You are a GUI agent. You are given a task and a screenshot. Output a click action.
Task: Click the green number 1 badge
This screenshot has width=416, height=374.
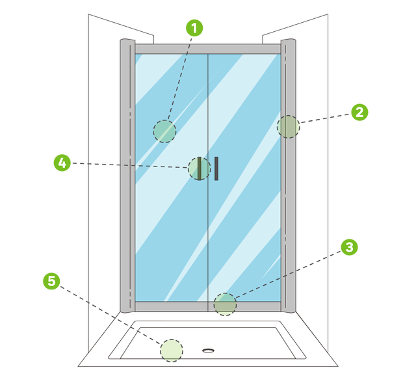click(x=194, y=28)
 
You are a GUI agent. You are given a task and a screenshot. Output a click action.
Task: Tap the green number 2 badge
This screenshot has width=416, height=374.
click(x=359, y=113)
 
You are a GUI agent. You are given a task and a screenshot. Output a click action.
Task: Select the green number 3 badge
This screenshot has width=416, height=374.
click(x=350, y=247)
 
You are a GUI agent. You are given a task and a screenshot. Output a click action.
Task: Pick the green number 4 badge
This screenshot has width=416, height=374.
click(x=62, y=163)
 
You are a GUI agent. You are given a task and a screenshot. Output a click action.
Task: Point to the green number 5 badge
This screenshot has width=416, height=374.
click(x=51, y=281)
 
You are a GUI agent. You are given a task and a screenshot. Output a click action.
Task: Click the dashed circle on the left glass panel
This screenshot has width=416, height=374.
click(x=164, y=131)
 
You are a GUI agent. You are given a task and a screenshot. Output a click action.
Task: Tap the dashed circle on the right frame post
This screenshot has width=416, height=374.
click(x=289, y=127)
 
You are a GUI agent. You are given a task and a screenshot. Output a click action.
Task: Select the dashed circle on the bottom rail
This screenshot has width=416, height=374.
click(x=226, y=304)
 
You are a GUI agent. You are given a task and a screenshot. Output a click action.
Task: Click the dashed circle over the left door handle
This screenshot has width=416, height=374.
click(x=200, y=168)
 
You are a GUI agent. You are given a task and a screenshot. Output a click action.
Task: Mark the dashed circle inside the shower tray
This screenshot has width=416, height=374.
click(x=172, y=351)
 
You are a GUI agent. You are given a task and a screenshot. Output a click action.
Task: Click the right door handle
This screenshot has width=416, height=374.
click(x=216, y=168)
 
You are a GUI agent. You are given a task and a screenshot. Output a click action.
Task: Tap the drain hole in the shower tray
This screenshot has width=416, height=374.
click(x=208, y=351)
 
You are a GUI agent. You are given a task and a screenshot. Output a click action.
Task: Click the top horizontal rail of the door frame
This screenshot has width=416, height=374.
click(x=208, y=49)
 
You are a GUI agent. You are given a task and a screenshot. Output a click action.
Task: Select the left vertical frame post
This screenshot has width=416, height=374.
click(x=127, y=176)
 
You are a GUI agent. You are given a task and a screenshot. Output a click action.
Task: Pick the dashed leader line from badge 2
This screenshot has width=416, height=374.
click(x=326, y=118)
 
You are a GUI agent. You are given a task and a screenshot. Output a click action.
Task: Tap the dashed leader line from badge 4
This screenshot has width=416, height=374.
click(x=129, y=165)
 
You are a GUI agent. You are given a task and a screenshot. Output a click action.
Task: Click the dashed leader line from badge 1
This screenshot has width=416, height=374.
click(x=179, y=78)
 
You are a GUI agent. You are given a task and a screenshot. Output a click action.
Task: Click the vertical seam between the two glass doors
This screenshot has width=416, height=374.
click(x=208, y=178)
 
